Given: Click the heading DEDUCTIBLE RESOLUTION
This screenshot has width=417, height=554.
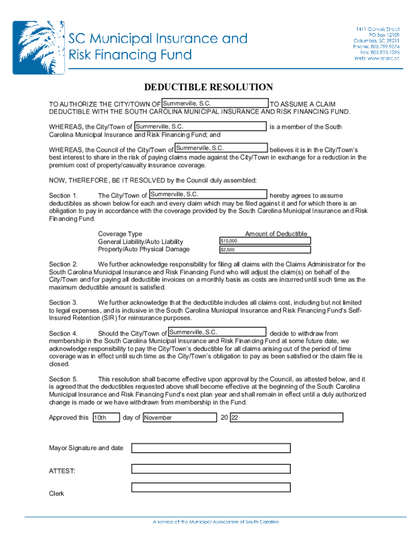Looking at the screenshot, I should click(x=208, y=87).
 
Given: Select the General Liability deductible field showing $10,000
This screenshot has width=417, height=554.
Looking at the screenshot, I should click(x=264, y=241).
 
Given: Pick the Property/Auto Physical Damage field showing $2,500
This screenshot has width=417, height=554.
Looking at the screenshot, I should click(x=264, y=250).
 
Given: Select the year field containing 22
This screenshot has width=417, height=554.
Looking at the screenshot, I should click(x=286, y=418).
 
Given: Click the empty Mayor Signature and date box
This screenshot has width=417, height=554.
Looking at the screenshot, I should click(x=211, y=448).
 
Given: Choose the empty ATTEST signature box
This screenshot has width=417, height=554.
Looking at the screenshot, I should click(x=211, y=468).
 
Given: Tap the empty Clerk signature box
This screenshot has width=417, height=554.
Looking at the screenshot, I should click(x=211, y=487).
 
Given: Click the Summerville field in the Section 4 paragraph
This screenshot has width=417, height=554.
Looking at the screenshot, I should click(x=217, y=332).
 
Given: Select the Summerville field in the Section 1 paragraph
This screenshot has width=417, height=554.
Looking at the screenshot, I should click(x=207, y=194).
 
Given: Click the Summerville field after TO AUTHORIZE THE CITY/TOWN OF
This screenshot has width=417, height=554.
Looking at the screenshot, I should click(x=215, y=103).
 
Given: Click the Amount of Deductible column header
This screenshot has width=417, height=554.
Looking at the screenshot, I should click(x=276, y=234).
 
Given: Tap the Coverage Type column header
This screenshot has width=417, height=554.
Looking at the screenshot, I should click(x=120, y=234).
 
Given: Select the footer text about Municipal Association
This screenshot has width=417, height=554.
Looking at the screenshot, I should click(x=216, y=522).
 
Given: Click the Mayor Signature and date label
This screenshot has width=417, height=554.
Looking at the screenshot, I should click(x=86, y=448).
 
